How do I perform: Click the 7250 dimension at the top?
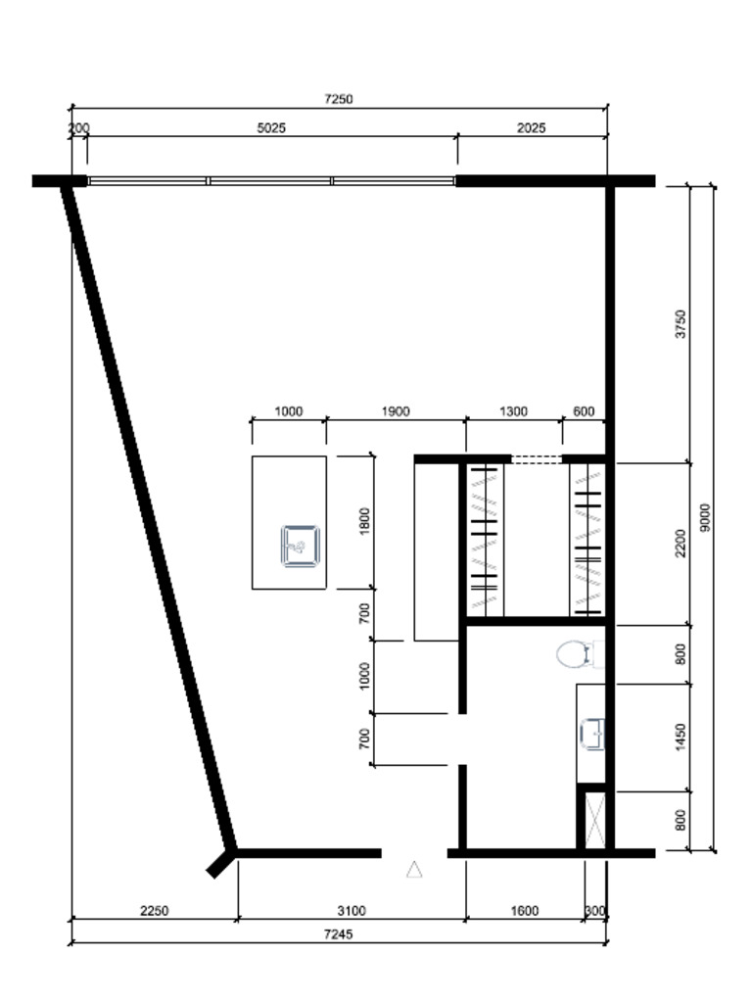tap(338, 99)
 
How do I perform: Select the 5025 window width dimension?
tap(271, 127)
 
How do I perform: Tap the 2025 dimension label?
tap(531, 127)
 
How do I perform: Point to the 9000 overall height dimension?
tap(705, 518)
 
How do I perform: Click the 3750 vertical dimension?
tap(681, 323)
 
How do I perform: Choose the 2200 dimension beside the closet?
tap(681, 543)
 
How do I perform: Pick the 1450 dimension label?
tap(681, 738)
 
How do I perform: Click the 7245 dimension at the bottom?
tap(338, 934)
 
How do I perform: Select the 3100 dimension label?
tap(350, 911)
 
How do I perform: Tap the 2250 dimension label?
tap(154, 911)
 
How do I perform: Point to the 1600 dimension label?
tap(524, 911)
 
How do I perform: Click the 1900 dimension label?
tap(395, 411)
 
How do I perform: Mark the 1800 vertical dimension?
tap(365, 521)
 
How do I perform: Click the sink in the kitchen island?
tap(301, 546)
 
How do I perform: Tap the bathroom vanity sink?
tap(593, 734)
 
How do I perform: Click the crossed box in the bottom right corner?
tap(593, 819)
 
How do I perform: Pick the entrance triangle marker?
tap(414, 869)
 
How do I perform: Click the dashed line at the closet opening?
tap(536, 458)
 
